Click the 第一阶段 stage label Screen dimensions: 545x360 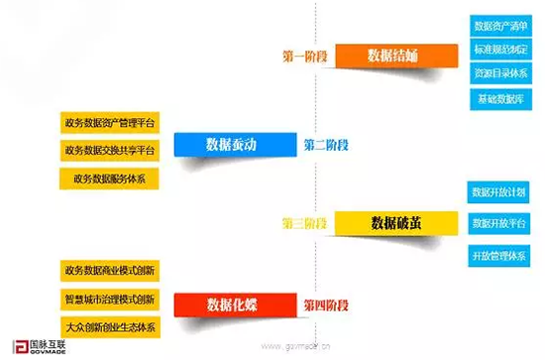306,57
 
